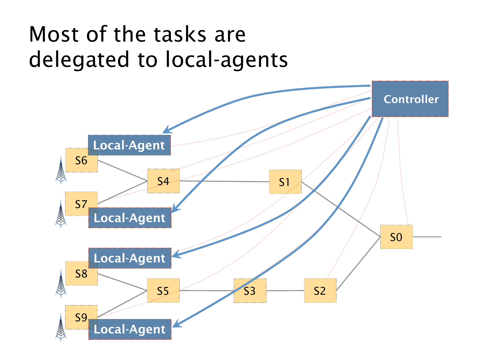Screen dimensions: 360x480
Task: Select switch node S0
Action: tap(396, 237)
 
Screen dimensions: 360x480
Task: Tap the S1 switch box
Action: tap(285, 182)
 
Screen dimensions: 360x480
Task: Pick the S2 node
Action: tap(320, 291)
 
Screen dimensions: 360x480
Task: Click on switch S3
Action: tap(250, 291)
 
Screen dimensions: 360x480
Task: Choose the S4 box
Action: tap(163, 181)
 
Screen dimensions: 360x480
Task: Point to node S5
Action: tap(163, 291)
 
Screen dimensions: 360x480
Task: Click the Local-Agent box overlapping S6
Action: tap(129, 145)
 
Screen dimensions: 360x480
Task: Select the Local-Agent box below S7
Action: tap(130, 218)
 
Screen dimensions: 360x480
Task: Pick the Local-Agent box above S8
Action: tap(130, 258)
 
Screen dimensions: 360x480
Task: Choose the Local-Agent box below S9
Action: tap(130, 329)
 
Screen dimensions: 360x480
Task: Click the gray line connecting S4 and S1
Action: tap(224, 181)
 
